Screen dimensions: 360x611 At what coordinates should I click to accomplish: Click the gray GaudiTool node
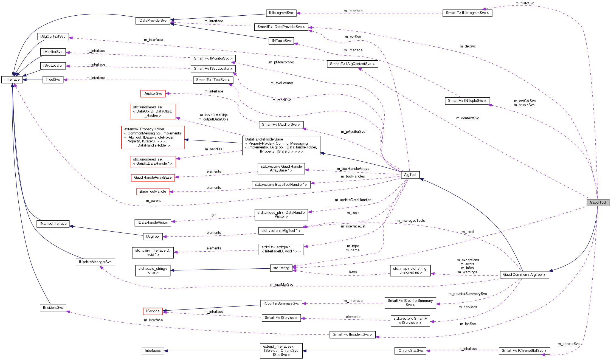point(598,203)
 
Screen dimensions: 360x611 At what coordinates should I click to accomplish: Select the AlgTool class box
point(410,175)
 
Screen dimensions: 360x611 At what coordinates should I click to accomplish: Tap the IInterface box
point(12,80)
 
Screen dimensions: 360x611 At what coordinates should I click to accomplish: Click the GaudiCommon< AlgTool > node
point(524,275)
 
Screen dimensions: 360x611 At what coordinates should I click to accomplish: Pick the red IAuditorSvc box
point(153,94)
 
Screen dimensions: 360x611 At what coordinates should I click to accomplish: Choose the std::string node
point(281,268)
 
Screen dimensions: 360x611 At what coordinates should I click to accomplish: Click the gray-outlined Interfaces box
point(153,351)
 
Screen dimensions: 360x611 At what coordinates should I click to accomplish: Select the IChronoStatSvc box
point(410,351)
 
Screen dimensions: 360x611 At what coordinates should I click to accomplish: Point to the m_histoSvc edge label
point(525,3)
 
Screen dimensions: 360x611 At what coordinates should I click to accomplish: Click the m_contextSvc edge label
point(468,118)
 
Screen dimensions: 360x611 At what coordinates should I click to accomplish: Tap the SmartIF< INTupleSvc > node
point(467,101)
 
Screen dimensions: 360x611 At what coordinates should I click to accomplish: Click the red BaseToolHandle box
point(153,192)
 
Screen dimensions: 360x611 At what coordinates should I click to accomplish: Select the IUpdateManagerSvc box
point(95,262)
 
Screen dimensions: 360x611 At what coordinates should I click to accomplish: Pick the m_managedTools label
point(410,221)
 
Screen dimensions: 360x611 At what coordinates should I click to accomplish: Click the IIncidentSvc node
point(53,308)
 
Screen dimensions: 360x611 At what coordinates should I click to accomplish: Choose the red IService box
point(153,311)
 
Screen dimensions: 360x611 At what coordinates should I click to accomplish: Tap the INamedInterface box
point(53,224)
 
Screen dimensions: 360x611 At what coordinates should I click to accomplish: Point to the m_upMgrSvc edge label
point(281,285)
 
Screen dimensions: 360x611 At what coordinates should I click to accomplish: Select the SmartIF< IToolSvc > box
point(213,80)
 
